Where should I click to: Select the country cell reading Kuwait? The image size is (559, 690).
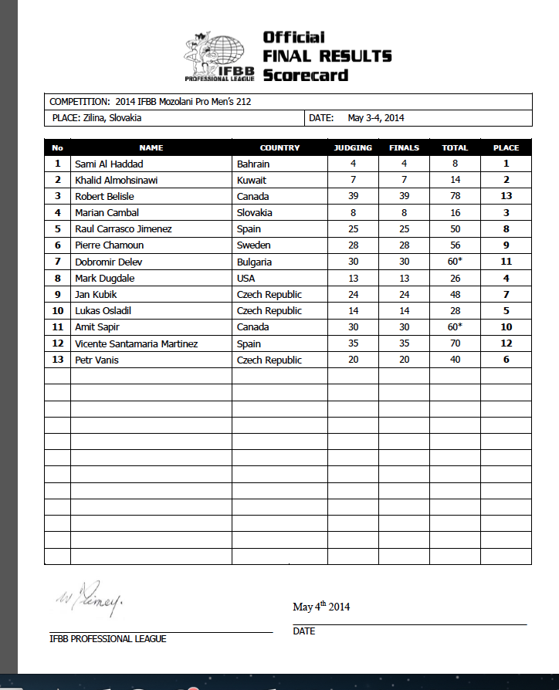252,180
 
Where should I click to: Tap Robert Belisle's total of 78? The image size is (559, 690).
455,196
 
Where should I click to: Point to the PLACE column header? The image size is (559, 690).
506,147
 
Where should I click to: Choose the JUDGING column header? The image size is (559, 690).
352,147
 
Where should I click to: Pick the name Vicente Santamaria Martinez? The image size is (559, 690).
135,343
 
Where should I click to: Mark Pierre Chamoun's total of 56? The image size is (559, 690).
455,245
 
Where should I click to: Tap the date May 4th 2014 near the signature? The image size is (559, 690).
321,607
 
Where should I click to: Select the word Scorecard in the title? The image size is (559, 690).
305,76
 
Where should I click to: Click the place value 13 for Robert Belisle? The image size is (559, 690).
506,196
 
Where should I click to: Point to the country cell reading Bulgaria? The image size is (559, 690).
254,262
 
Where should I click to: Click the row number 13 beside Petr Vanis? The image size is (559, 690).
57,360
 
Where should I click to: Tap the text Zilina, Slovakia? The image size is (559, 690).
107,118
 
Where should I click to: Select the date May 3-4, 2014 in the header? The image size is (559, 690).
376,118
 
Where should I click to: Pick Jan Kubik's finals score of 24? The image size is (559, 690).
404,294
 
